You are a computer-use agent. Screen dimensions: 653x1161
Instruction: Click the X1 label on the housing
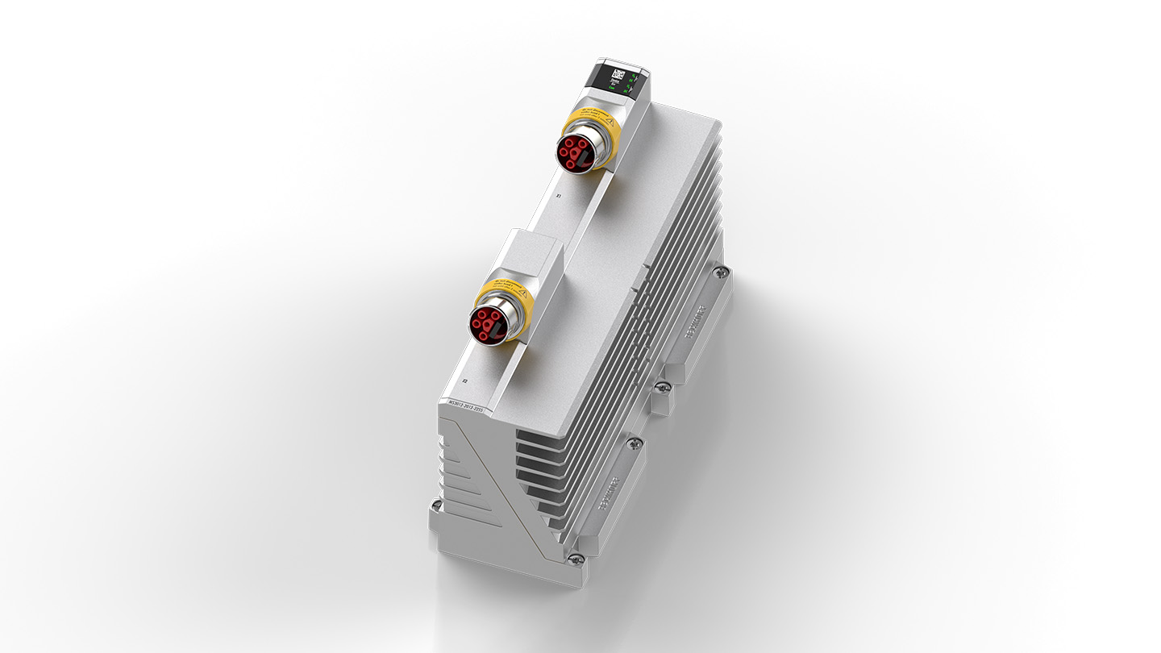point(558,196)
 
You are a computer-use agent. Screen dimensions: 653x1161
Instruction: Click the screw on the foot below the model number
point(436,506)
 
